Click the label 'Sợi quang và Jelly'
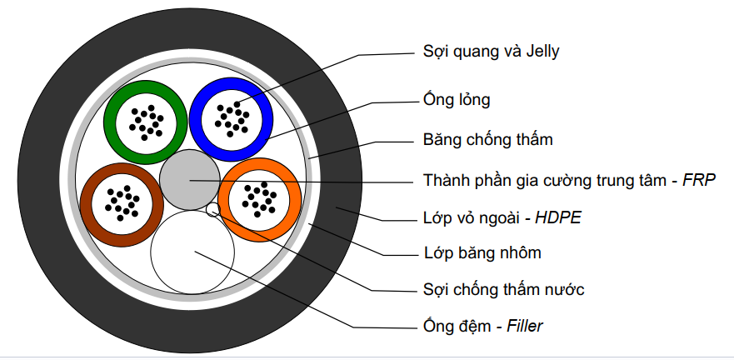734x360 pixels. pyautogui.click(x=491, y=52)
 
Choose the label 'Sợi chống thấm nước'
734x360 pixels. pyautogui.click(x=503, y=289)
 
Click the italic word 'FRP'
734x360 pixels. pyautogui.click(x=701, y=180)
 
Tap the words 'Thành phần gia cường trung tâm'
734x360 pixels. pyautogui.click(x=547, y=180)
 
